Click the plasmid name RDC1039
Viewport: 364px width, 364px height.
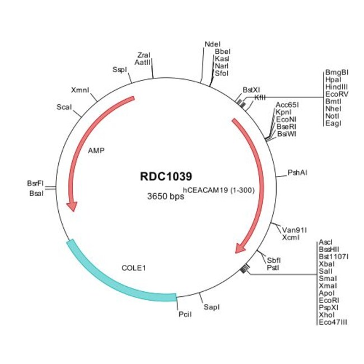coord(166,176)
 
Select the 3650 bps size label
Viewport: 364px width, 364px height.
coord(166,196)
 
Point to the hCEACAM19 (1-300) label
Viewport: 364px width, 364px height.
coord(219,190)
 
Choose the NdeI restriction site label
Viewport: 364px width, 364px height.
coord(213,44)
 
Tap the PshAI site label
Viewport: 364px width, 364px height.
coord(297,172)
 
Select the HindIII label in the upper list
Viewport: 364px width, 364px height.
coord(337,87)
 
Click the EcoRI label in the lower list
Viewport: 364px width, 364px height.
coord(329,300)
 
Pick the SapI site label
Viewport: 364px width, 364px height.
coord(212,307)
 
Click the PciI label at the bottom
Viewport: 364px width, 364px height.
coord(185,314)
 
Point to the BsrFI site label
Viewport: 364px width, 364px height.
coord(35,183)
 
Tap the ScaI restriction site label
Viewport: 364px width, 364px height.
coord(64,107)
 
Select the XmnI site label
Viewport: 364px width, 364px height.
coord(80,90)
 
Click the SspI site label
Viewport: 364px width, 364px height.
coord(120,69)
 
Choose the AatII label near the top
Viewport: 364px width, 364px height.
coord(143,62)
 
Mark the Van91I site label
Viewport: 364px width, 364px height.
coord(295,230)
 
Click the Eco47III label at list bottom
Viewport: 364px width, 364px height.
coord(333,322)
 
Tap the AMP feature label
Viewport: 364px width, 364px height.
coord(96,151)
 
